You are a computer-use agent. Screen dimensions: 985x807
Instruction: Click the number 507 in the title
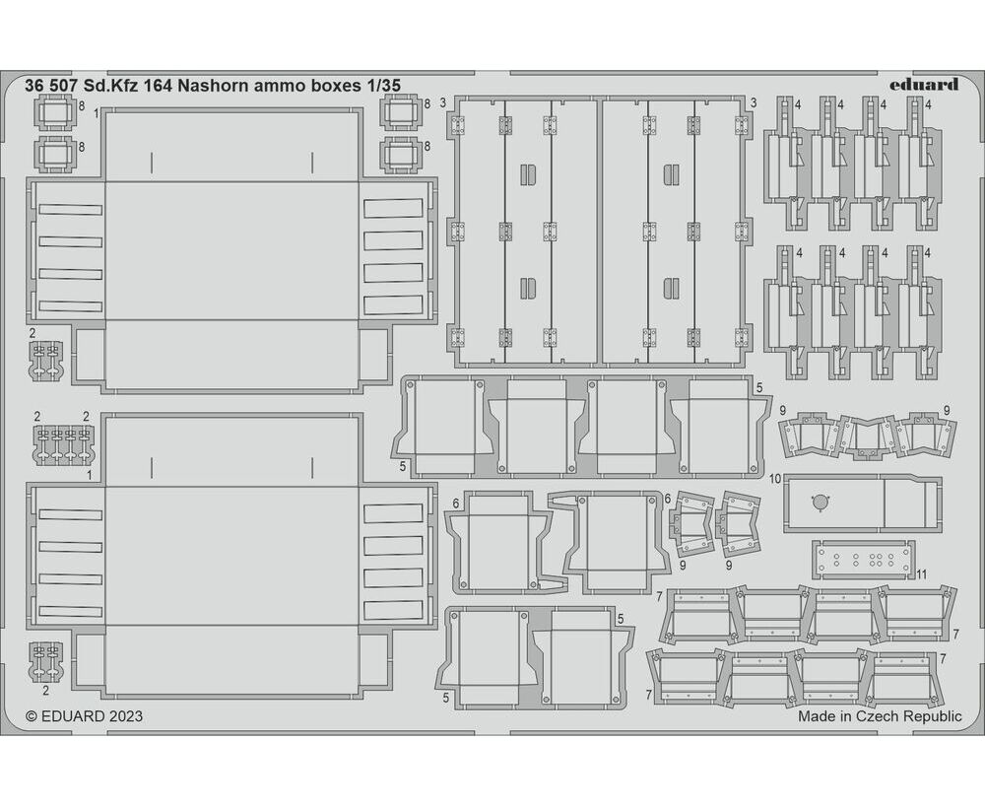(x=59, y=86)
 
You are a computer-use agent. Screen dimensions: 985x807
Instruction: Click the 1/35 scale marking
(x=382, y=86)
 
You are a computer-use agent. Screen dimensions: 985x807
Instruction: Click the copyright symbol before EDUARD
(x=32, y=716)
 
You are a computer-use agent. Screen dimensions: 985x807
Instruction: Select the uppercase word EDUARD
(x=72, y=716)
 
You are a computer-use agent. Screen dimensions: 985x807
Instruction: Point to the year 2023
(x=124, y=716)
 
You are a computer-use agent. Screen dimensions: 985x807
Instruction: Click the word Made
(x=817, y=716)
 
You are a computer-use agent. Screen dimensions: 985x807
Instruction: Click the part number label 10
(x=775, y=479)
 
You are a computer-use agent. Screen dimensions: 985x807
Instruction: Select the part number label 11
(x=922, y=573)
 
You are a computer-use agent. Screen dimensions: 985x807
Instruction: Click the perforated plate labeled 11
(x=864, y=559)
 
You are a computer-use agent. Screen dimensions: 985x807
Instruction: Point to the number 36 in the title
(x=33, y=86)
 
